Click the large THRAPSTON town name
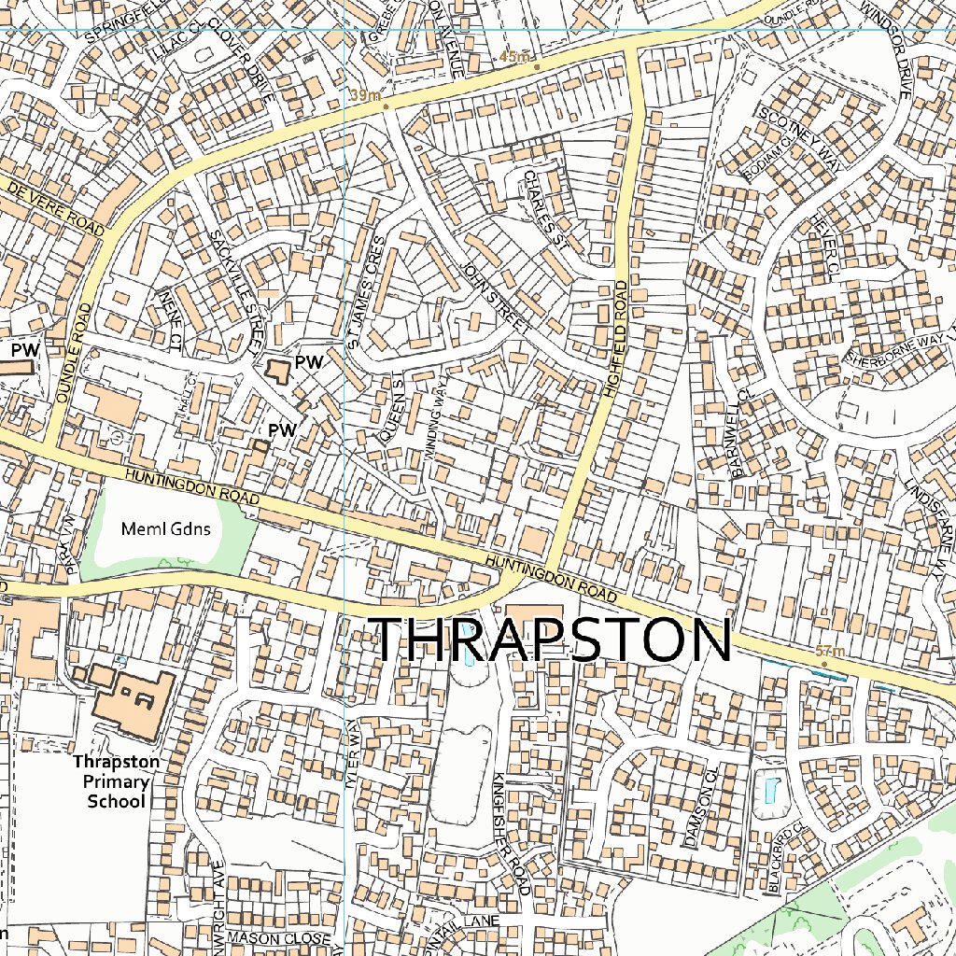[x=551, y=640]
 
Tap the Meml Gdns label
[x=166, y=528]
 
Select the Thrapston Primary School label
[x=117, y=781]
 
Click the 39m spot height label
[x=366, y=95]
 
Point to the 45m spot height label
[x=514, y=57]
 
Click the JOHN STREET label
[x=495, y=299]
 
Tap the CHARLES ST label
[x=546, y=210]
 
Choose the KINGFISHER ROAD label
[x=511, y=833]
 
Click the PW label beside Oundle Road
[x=25, y=349]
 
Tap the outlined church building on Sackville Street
[x=276, y=370]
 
